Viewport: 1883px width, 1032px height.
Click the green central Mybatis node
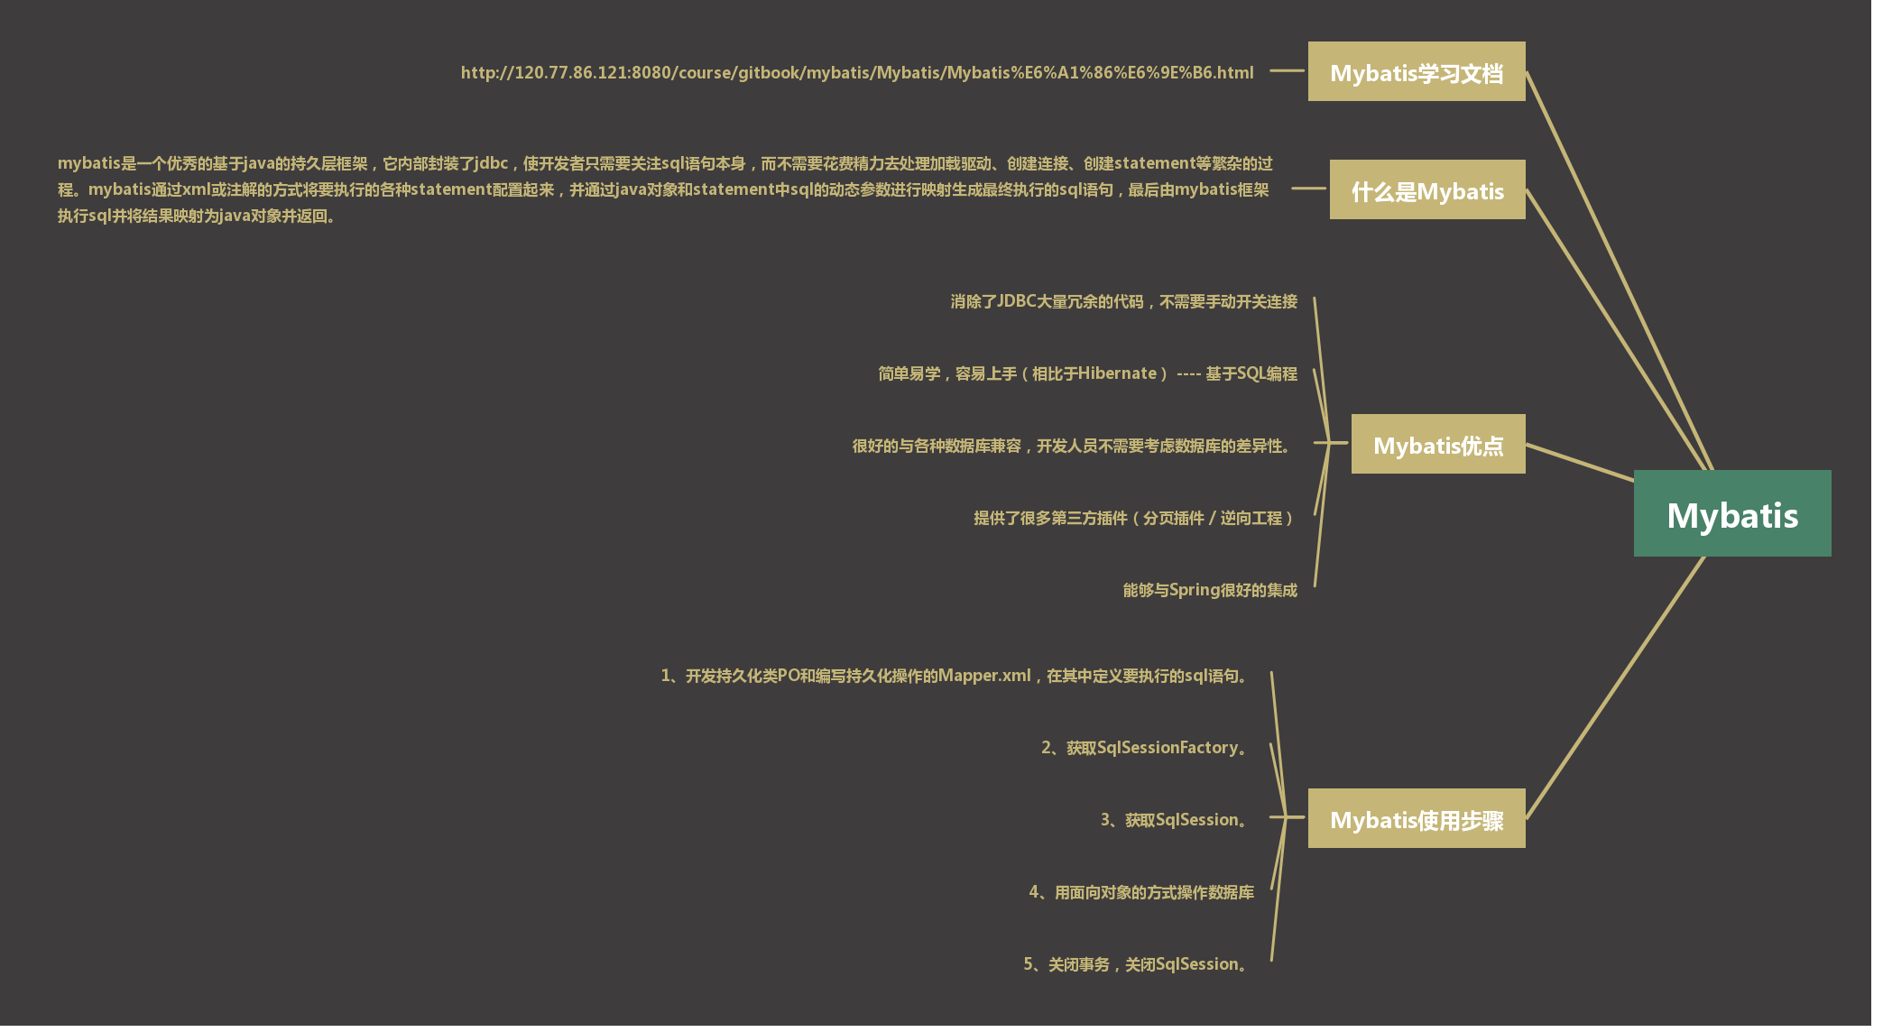(1731, 513)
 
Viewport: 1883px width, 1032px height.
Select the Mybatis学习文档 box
(1416, 72)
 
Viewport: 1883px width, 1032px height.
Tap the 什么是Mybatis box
(1426, 190)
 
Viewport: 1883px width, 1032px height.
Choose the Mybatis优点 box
(1437, 445)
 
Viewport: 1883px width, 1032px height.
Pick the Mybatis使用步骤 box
(1416, 819)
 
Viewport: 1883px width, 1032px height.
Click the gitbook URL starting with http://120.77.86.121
(856, 72)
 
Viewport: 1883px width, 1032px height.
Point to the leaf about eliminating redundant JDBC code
(1123, 301)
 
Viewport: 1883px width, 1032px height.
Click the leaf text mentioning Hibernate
(1087, 373)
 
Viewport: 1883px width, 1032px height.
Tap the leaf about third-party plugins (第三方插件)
(1134, 518)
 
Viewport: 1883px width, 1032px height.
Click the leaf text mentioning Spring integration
(1209, 590)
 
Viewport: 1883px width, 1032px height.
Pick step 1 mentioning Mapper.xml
(956, 676)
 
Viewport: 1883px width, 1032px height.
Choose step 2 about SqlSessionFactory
(1146, 748)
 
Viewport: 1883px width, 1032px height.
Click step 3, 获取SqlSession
(1176, 820)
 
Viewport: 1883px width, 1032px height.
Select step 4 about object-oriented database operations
(1141, 892)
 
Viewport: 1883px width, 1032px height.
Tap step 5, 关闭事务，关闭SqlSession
(1137, 964)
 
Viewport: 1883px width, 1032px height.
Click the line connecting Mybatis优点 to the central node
(1579, 462)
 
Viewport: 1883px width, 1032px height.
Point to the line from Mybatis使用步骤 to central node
(1615, 687)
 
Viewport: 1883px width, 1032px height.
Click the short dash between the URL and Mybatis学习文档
(1287, 70)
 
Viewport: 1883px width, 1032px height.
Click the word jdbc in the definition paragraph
(492, 163)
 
